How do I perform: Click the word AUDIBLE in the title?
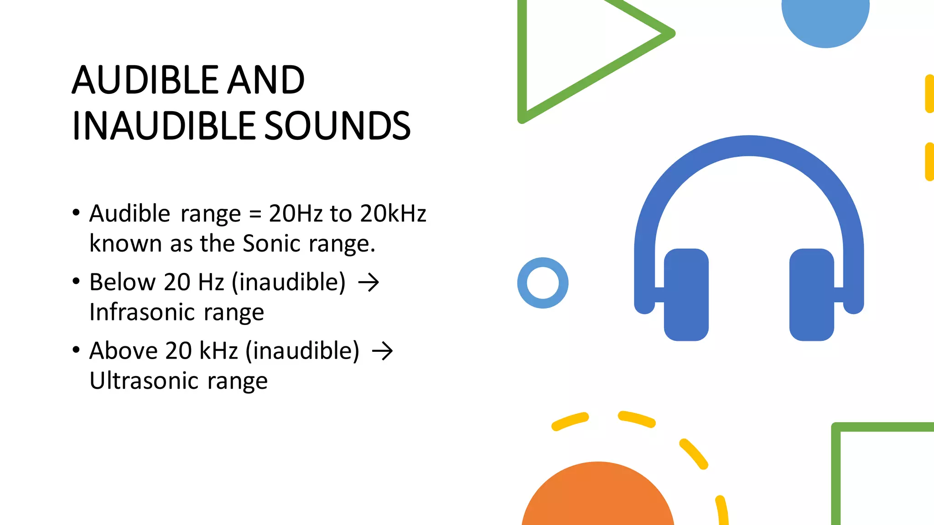click(145, 80)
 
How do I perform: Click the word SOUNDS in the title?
click(337, 126)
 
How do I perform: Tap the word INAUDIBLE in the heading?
click(165, 126)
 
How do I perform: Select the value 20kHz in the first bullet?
click(393, 214)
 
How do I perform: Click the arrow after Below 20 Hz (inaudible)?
click(368, 283)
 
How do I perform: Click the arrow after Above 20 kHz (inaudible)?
click(382, 351)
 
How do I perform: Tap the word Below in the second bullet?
click(122, 283)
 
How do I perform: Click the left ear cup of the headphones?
click(686, 294)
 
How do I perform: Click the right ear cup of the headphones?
click(812, 294)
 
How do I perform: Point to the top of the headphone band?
click(749, 146)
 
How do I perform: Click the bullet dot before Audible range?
click(76, 213)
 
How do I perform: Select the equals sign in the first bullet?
click(255, 214)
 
